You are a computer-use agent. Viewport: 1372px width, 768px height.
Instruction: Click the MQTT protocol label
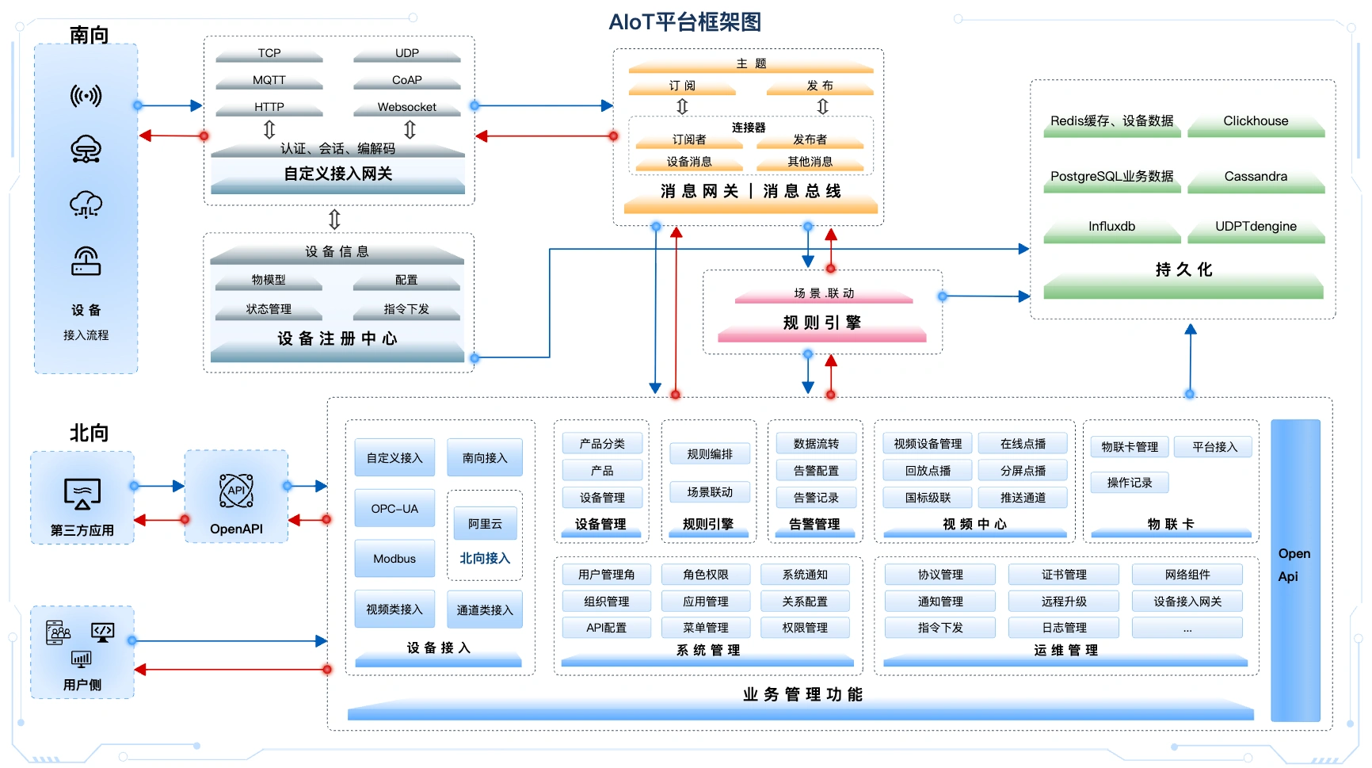coord(269,80)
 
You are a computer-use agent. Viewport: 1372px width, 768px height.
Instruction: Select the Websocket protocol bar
coord(406,107)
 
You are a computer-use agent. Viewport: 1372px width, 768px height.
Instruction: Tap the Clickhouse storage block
coord(1256,121)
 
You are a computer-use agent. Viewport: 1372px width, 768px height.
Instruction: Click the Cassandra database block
coord(1256,177)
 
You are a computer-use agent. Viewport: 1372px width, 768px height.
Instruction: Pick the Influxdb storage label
coord(1111,227)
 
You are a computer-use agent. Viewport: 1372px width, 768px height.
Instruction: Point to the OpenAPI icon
coord(236,491)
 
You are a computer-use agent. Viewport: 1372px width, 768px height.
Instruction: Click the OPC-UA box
coord(394,509)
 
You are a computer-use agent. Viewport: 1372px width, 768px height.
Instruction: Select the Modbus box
coord(394,559)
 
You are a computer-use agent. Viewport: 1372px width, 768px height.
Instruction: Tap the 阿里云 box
coord(485,524)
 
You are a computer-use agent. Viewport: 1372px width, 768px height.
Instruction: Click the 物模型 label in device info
coord(269,280)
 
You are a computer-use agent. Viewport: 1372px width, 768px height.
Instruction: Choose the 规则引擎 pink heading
coord(821,323)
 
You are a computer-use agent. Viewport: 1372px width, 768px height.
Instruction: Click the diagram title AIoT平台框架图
coord(684,22)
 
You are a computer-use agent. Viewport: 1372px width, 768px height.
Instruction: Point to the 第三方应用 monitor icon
coord(82,494)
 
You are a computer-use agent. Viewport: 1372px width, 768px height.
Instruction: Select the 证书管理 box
coord(1063,575)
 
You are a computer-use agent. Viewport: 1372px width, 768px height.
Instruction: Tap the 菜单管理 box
coord(705,628)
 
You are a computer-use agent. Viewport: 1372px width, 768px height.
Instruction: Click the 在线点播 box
coord(1023,444)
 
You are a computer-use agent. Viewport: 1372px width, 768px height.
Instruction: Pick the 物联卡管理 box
coord(1130,447)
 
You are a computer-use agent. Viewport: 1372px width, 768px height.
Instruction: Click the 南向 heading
coord(89,35)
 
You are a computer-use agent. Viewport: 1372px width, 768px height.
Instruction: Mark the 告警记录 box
coord(816,498)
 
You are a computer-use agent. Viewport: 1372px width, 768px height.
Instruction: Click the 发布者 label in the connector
coord(810,139)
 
